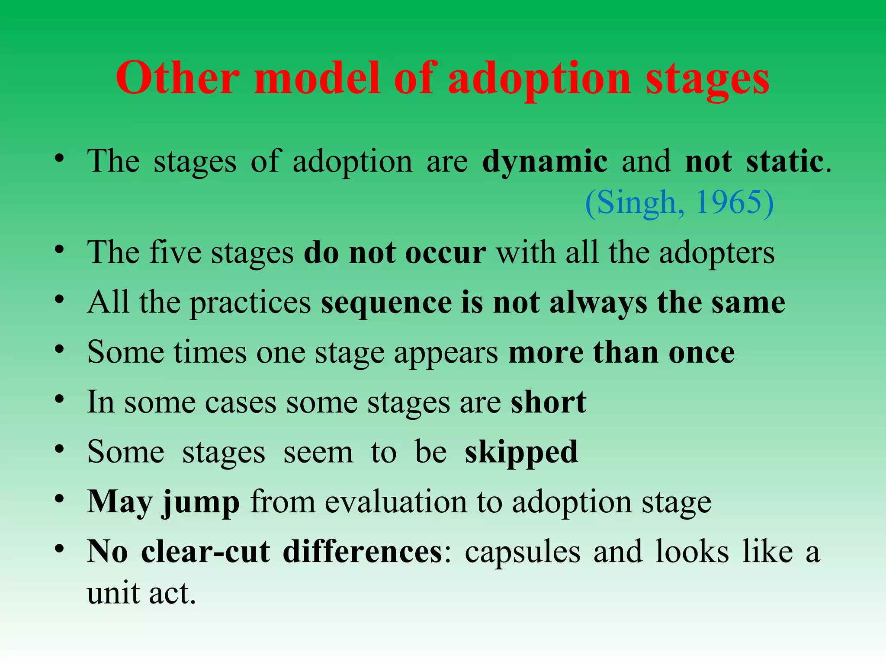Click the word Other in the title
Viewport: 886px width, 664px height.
click(x=177, y=78)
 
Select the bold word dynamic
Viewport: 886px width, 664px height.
click(x=545, y=162)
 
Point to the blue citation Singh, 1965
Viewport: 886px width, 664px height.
click(x=679, y=202)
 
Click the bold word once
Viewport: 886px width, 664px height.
click(x=701, y=352)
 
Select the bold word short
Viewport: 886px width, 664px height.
click(x=548, y=402)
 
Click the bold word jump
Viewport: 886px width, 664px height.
click(x=200, y=503)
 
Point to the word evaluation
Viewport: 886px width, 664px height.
click(x=396, y=502)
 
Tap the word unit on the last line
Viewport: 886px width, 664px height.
click(x=113, y=593)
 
